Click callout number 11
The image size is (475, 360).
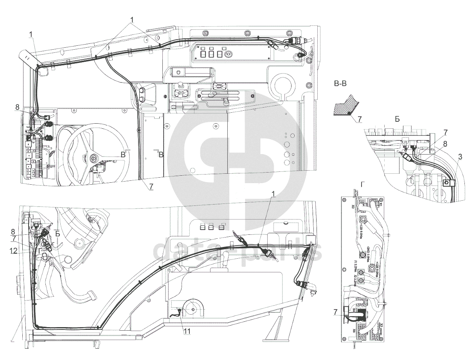pyautogui.click(x=187, y=331)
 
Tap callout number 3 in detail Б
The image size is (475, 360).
pyautogui.click(x=460, y=157)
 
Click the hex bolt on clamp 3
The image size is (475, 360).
pyautogui.click(x=446, y=182)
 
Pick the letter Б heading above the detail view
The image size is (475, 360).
pyautogui.click(x=397, y=119)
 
